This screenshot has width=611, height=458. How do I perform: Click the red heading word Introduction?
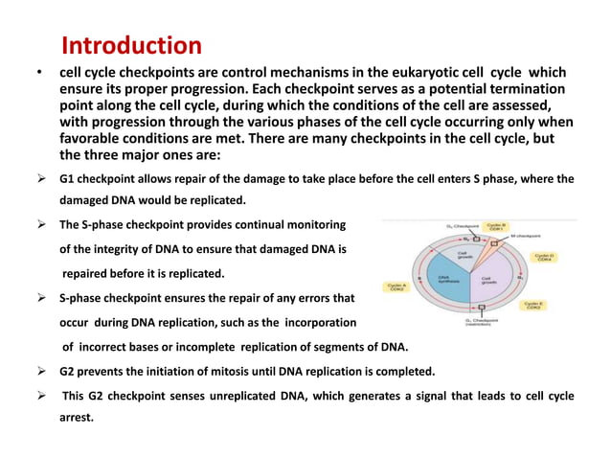(131, 45)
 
